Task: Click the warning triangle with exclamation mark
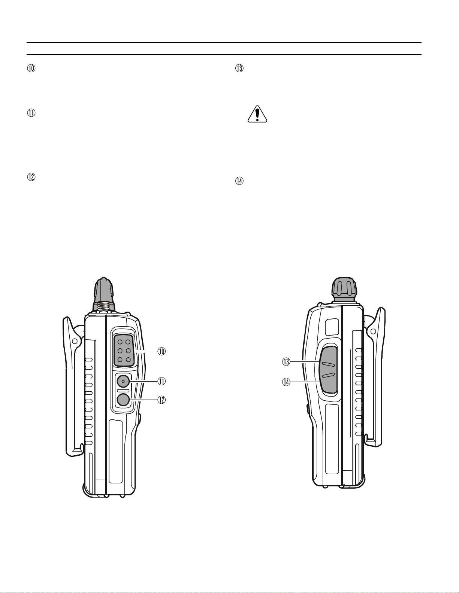click(x=257, y=114)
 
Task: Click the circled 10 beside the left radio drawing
click(x=161, y=351)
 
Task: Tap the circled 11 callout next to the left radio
click(x=161, y=381)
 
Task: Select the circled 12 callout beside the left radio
click(x=161, y=400)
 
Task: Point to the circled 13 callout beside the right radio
click(x=286, y=362)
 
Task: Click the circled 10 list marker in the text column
click(x=31, y=68)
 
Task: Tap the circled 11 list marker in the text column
click(x=31, y=113)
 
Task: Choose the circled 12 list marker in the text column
click(x=31, y=177)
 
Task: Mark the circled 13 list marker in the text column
click(x=239, y=68)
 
